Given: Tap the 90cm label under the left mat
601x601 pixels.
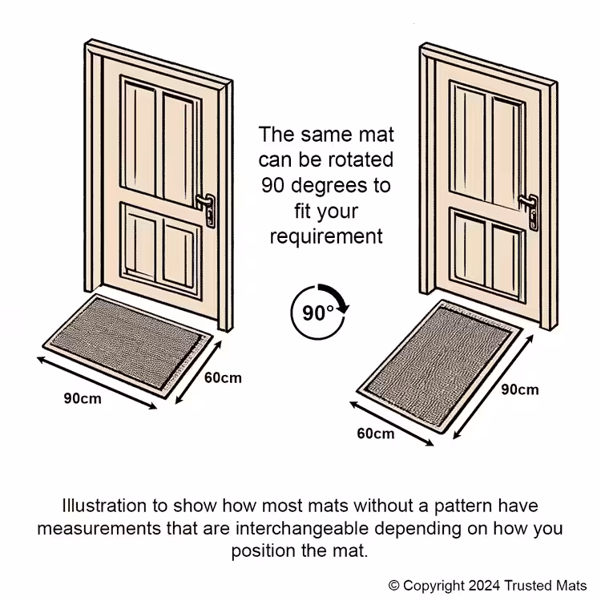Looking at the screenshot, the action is click(x=83, y=398).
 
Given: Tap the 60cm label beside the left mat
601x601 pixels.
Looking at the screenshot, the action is click(x=223, y=378).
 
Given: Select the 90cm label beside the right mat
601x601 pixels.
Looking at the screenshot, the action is click(x=520, y=389).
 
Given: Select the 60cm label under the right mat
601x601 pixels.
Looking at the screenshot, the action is click(x=376, y=434).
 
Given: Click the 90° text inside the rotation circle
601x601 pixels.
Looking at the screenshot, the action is click(x=318, y=313).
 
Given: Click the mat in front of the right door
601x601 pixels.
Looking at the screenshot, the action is click(x=440, y=366).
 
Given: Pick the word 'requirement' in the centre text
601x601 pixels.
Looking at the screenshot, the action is click(x=326, y=236).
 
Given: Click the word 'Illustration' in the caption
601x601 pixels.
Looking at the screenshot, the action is click(x=104, y=506).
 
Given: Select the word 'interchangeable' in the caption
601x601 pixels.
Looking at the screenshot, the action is click(x=302, y=528).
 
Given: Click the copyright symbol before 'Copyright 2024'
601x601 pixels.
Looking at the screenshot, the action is click(x=393, y=586).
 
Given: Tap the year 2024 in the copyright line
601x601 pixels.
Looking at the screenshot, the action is click(x=484, y=586).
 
